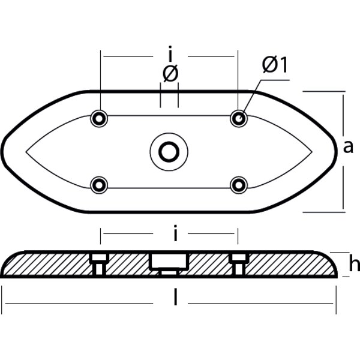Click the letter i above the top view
click(170, 56)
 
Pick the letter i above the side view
click(175, 234)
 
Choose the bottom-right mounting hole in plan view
click(239, 184)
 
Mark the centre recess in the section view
click(169, 263)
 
